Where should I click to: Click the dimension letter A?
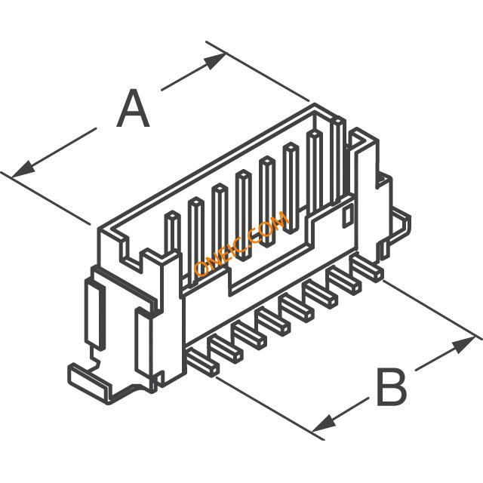133,109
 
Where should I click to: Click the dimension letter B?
392,387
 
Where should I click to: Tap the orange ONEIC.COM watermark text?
241,244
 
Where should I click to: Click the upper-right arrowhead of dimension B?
463,345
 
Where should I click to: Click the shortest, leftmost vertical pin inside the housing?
173,234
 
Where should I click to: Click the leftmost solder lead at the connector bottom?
203,363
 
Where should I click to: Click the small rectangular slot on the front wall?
347,217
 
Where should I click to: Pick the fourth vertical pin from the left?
243,216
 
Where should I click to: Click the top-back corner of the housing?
315,104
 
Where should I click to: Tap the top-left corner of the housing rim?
99,229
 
